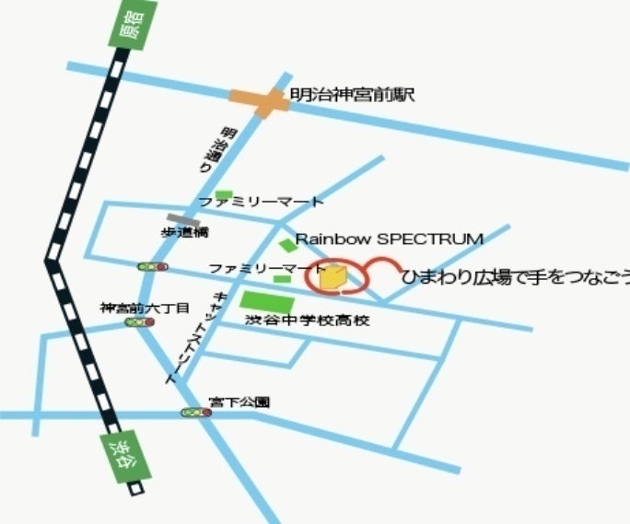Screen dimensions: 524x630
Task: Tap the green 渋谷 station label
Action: pyautogui.click(x=119, y=456)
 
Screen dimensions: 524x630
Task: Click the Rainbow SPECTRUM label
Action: pyautogui.click(x=389, y=239)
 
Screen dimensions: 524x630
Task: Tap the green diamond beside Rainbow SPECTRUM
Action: pyautogui.click(x=288, y=243)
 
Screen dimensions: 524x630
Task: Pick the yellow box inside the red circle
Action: pyautogui.click(x=333, y=275)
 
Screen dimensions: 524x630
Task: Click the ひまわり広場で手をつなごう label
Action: pyautogui.click(x=516, y=275)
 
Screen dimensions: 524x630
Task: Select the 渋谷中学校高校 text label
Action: pyautogui.click(x=307, y=320)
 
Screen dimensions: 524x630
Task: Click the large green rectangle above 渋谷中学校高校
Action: pyautogui.click(x=267, y=300)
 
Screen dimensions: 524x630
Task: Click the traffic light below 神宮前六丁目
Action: pyautogui.click(x=140, y=322)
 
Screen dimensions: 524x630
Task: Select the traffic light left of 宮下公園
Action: pyautogui.click(x=195, y=413)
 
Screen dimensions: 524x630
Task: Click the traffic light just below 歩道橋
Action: pyautogui.click(x=153, y=266)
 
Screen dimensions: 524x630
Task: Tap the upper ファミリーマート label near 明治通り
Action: pyautogui.click(x=262, y=201)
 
